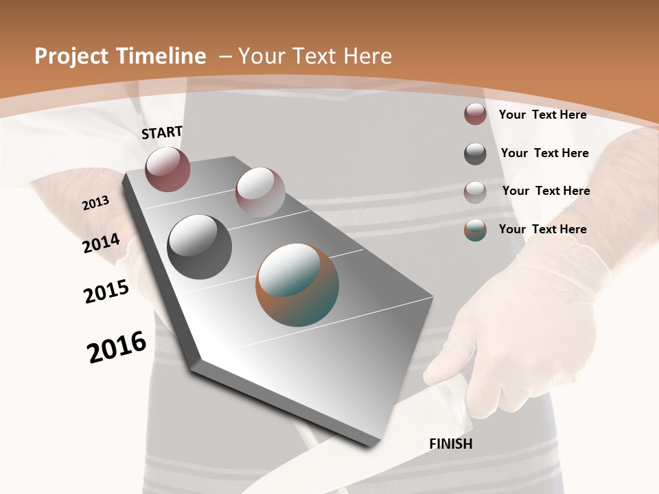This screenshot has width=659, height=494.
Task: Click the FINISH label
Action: (x=450, y=444)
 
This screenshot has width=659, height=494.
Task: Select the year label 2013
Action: (x=95, y=203)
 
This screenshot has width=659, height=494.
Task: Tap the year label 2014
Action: (x=101, y=243)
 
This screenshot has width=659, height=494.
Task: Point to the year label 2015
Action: (x=106, y=292)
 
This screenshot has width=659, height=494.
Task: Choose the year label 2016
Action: (x=117, y=346)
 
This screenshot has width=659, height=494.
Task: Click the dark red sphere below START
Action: (x=167, y=169)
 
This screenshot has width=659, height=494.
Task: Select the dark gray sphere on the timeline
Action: (x=199, y=246)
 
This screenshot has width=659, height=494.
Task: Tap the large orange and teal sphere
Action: (x=297, y=285)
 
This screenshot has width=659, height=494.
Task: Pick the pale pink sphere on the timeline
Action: (x=260, y=191)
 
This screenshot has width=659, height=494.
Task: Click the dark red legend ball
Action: (x=475, y=114)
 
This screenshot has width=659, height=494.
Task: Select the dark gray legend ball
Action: (x=475, y=154)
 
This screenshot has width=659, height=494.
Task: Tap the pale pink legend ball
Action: (x=475, y=192)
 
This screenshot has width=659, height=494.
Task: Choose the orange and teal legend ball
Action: (x=475, y=230)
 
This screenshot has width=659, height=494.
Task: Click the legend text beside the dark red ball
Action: (x=542, y=115)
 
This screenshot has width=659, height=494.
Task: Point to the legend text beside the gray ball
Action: (x=544, y=153)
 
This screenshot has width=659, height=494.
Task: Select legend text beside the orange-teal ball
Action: (x=542, y=229)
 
